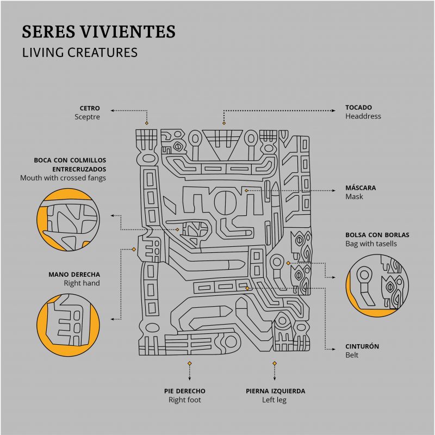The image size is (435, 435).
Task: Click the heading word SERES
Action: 48,31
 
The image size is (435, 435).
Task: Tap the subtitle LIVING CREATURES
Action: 80,52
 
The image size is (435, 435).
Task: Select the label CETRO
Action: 90,108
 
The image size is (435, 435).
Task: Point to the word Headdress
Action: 363,116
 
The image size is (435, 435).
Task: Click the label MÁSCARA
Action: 361,188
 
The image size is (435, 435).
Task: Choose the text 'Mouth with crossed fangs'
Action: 63,178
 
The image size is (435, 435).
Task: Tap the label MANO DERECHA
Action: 74,275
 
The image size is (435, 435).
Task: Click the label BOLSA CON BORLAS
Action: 377,235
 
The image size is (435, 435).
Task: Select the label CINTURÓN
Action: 362,346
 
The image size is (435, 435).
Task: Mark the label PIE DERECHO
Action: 185,391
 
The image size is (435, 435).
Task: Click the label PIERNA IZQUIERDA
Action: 276,391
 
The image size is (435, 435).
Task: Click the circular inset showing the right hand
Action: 68,325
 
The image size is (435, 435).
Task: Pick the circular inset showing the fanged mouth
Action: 68,220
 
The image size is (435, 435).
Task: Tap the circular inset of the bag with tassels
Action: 377,286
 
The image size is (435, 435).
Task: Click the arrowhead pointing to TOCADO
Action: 334,111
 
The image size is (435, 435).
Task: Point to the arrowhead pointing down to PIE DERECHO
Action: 189,378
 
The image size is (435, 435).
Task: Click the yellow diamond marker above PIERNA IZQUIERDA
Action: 275,363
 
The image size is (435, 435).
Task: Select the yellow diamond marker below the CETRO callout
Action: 147,123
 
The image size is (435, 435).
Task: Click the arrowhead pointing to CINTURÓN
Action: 334,349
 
